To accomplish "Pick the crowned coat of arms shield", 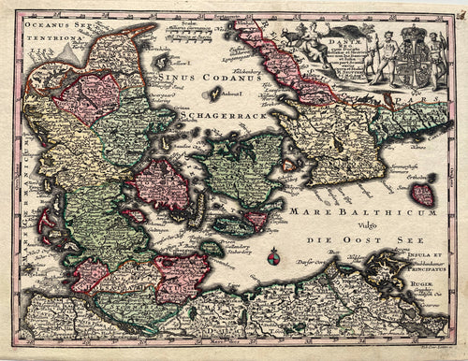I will click(416, 62).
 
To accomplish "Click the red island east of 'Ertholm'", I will click(423, 194).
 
